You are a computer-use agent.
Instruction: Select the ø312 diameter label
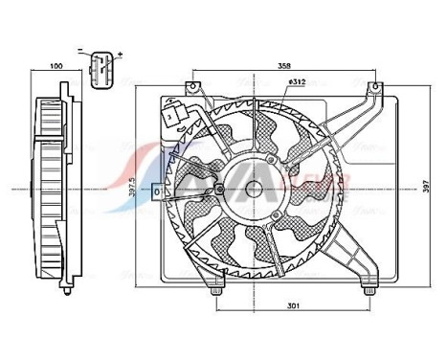pyautogui.click(x=295, y=82)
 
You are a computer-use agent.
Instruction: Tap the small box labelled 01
pyautogui.click(x=158, y=192)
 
